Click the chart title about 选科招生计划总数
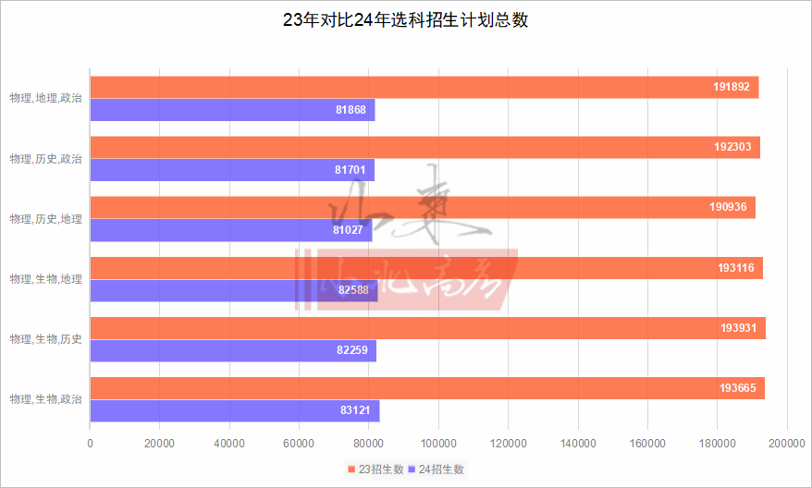(406, 20)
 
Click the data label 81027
(350, 230)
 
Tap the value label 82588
(355, 290)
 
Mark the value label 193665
(738, 388)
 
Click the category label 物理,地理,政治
(45, 99)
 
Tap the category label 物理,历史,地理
(45, 219)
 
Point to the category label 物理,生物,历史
(45, 339)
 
